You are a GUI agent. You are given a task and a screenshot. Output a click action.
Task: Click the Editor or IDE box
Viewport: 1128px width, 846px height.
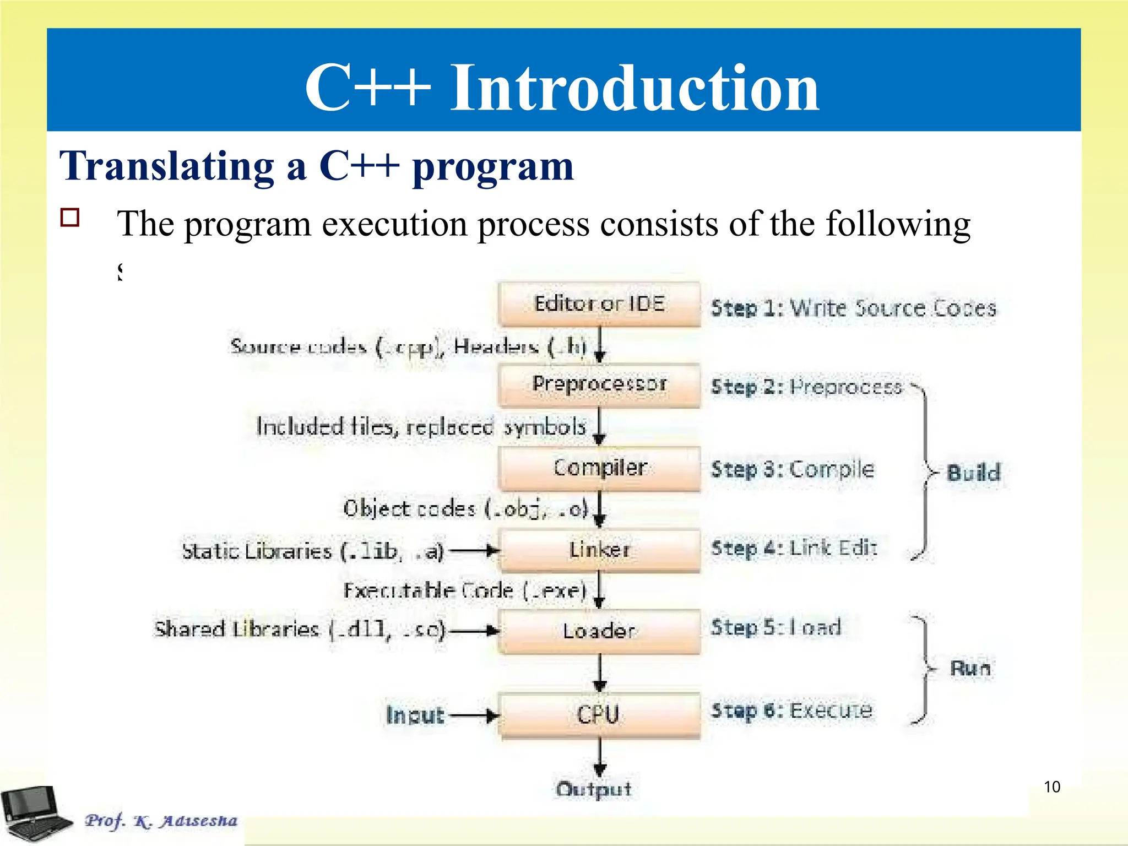599,304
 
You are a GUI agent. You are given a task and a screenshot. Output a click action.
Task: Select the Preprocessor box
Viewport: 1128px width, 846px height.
599,384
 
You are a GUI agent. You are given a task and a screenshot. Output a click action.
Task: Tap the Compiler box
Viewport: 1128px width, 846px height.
599,468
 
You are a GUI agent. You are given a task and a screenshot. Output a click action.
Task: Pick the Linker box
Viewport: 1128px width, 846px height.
599,550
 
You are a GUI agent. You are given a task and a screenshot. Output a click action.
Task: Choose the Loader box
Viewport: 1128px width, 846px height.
599,631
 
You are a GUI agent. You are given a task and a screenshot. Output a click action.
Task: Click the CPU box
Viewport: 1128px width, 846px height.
599,715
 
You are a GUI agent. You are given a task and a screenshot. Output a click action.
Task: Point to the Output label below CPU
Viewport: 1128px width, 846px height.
594,789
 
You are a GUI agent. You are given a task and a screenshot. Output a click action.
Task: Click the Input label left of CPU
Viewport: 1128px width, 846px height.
415,715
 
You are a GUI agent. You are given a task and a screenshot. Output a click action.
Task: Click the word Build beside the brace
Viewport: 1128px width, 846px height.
973,473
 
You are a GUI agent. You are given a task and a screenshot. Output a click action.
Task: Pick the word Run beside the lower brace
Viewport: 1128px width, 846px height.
970,668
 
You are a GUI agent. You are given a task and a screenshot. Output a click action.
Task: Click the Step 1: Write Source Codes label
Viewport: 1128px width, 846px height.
853,308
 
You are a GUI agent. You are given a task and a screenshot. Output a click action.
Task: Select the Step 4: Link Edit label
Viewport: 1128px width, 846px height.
794,548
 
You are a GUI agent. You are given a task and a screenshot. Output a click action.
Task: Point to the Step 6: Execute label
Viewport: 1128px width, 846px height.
791,711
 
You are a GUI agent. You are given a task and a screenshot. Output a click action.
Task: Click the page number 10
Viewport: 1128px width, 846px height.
1052,787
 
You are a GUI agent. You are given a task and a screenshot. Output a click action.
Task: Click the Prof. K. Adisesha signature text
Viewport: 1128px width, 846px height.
161,821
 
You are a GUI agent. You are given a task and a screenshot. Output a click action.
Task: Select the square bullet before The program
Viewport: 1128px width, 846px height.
70,218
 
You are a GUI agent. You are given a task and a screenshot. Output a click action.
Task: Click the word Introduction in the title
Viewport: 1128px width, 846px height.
634,88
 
